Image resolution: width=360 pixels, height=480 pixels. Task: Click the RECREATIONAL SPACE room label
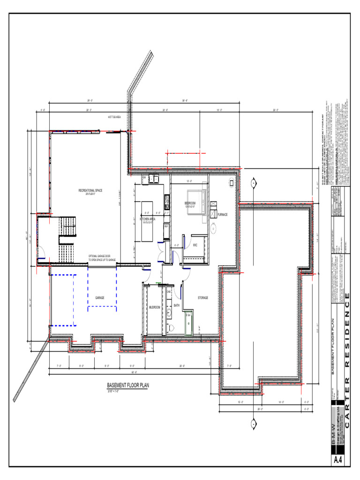pyautogui.click(x=90, y=190)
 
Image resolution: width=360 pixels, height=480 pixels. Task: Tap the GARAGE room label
pyautogui.click(x=100, y=298)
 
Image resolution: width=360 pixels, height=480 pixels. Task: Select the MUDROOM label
pyautogui.click(x=155, y=307)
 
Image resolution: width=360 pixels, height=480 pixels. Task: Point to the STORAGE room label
pyautogui.click(x=202, y=298)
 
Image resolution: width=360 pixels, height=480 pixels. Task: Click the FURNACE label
pyautogui.click(x=222, y=214)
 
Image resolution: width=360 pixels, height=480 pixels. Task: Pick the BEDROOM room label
pyautogui.click(x=189, y=203)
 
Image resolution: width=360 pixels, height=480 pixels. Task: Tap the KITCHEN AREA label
pyautogui.click(x=147, y=218)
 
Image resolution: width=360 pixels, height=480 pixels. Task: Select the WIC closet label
pyautogui.click(x=195, y=245)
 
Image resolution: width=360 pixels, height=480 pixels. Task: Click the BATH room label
pyautogui.click(x=177, y=305)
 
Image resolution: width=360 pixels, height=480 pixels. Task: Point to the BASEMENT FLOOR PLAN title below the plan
pyautogui.click(x=127, y=385)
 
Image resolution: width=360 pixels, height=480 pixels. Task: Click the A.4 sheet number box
pyautogui.click(x=338, y=460)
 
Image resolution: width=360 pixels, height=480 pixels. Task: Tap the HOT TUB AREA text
pyautogui.click(x=114, y=117)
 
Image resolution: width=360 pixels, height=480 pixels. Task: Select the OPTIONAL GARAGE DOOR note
pyautogui.click(x=102, y=258)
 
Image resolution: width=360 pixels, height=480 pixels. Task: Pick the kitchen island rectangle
pyautogui.click(x=147, y=213)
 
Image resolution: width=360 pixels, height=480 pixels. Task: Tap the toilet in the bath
pyautogui.click(x=172, y=326)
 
